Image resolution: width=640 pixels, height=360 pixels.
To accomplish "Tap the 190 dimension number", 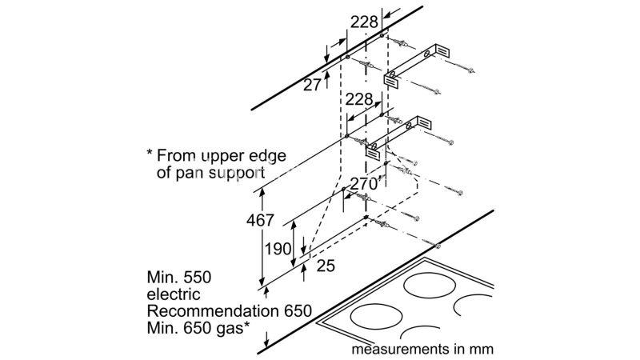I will click(x=278, y=249).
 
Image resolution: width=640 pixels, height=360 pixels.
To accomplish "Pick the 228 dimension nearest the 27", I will click(x=365, y=22).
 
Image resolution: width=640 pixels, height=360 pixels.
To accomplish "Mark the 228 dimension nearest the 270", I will click(x=359, y=99).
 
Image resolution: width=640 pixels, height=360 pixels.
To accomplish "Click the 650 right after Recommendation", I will click(x=293, y=311).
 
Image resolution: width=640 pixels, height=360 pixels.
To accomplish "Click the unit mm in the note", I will click(x=482, y=349).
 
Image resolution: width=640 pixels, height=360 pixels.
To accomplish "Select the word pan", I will click(x=190, y=172).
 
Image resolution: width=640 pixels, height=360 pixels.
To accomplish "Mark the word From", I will click(x=176, y=154).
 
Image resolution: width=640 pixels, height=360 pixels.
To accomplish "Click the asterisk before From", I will click(x=149, y=152).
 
